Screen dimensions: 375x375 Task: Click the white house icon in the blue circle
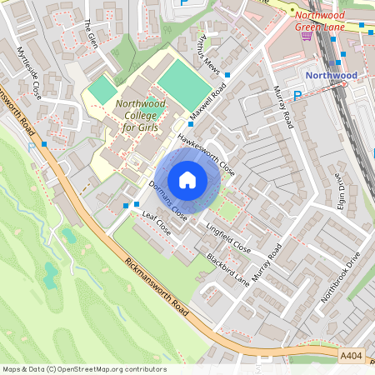[x=187, y=179]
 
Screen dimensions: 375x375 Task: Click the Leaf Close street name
[x=156, y=223]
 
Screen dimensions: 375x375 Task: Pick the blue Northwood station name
[x=331, y=75]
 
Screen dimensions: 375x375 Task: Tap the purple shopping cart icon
[x=307, y=35]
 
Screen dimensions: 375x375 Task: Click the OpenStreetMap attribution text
[x=83, y=368]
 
